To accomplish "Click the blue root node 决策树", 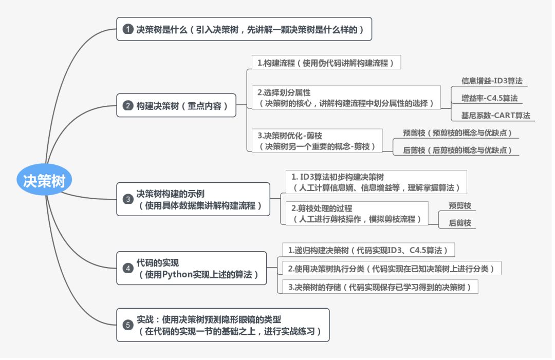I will click(x=44, y=181).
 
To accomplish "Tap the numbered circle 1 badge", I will click(x=128, y=30).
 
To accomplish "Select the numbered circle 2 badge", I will click(x=128, y=106).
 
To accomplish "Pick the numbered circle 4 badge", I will click(x=128, y=268).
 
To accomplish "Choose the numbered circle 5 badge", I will click(x=128, y=325).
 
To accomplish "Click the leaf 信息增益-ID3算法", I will click(x=492, y=81).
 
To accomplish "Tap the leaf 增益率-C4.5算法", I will click(x=489, y=98).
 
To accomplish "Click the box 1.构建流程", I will click(x=326, y=63).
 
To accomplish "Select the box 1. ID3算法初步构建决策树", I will click(x=375, y=182).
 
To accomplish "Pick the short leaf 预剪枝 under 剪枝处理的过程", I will click(x=459, y=205).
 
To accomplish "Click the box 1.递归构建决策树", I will click(x=368, y=251).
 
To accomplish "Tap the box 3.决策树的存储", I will click(x=379, y=287).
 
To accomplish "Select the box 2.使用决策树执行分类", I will click(x=391, y=268).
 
